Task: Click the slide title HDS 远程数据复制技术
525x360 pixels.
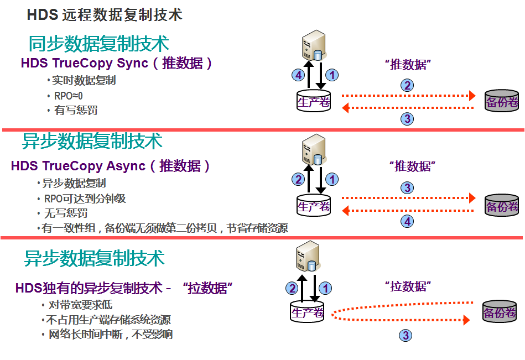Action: coord(105,14)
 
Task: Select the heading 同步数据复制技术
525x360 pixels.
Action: coord(98,44)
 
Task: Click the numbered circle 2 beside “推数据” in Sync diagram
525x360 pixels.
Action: coord(408,85)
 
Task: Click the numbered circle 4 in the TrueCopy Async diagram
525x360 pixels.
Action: coord(408,221)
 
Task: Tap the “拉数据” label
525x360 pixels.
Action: coord(408,286)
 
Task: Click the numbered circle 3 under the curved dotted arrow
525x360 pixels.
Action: coord(406,335)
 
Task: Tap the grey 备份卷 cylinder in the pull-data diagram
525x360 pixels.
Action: coord(499,313)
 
